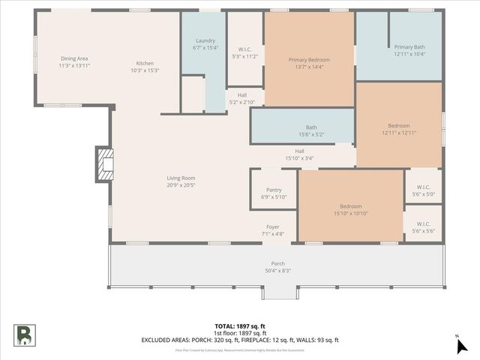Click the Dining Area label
(74, 58)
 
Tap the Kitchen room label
(145, 63)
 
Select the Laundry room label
(205, 40)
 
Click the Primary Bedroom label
(309, 60)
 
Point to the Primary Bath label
(409, 46)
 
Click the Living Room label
(181, 178)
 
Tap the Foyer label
(272, 227)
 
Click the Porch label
(277, 264)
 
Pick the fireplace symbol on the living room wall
(103, 165)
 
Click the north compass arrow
(462, 344)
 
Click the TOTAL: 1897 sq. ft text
(240, 326)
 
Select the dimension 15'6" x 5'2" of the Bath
(310, 134)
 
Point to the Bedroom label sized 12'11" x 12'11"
(398, 125)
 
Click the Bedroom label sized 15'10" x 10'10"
(351, 206)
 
